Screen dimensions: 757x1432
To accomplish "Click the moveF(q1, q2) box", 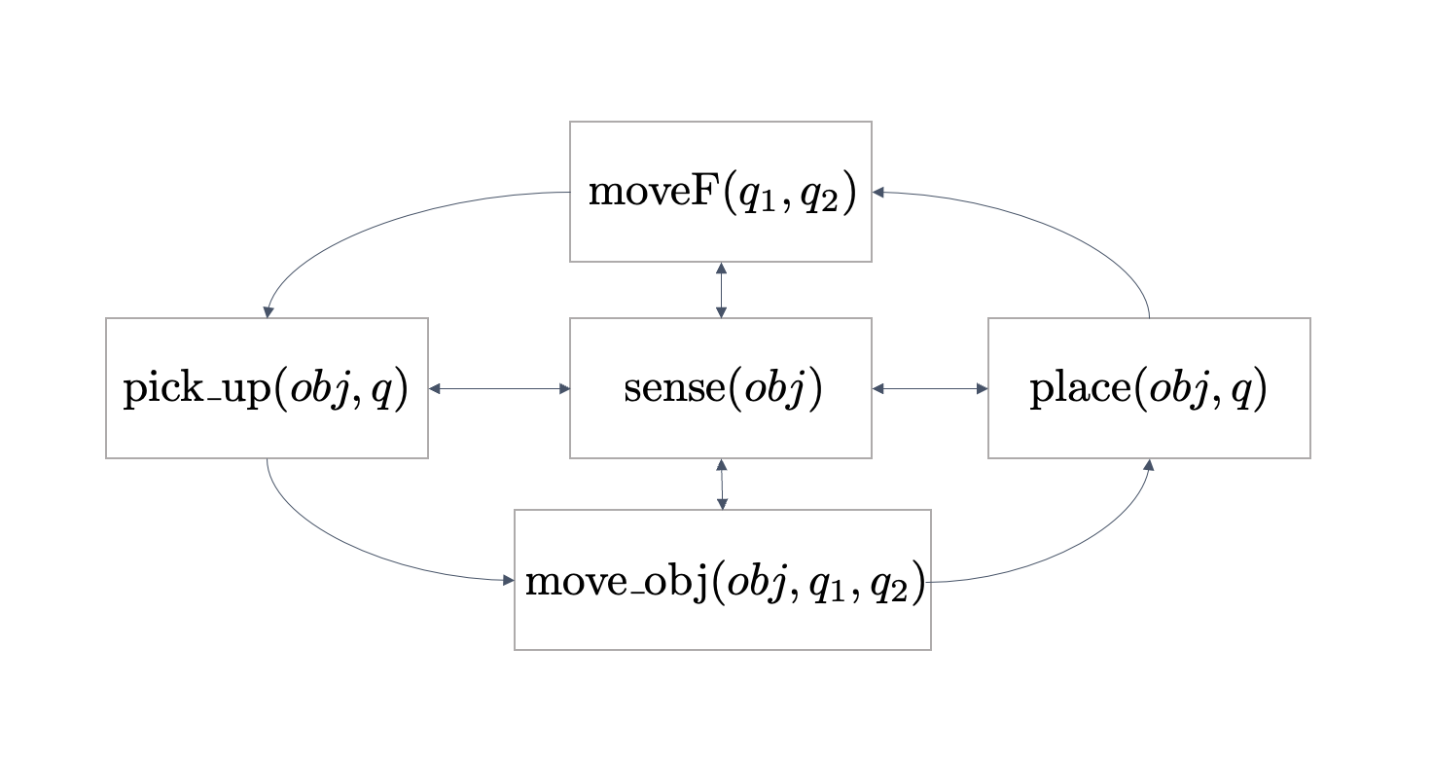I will coord(720,192).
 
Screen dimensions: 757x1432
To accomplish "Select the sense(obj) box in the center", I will coord(720,388).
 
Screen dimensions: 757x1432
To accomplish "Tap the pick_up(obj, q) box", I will coord(267,388).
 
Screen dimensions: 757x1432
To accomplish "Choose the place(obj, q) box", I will coord(1149,388).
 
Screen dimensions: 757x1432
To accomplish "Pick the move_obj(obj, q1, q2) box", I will coord(722,580).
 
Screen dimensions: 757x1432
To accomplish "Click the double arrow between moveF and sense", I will coord(721,290).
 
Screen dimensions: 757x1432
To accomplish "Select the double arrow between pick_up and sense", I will coord(499,389).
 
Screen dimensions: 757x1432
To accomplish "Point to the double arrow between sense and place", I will coord(930,389).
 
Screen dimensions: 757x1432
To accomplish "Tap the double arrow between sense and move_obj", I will coord(722,484).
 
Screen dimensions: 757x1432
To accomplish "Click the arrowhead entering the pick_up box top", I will coord(268,311).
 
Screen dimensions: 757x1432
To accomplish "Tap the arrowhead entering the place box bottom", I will coord(1149,465).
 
